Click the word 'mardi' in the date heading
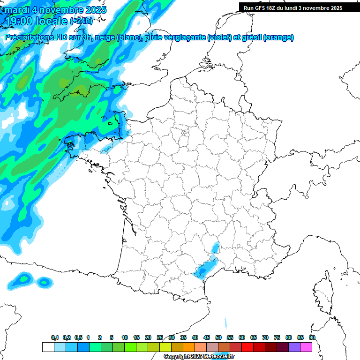(16, 10)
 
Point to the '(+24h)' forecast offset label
(81, 21)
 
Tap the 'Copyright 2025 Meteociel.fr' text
(199, 357)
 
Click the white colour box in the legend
(48, 347)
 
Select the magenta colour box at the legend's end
(306, 347)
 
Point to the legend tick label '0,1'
(54, 338)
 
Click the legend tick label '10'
(125, 338)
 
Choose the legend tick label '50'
(218, 338)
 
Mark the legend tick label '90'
(312, 338)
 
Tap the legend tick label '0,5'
(79, 338)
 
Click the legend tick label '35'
(183, 338)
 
